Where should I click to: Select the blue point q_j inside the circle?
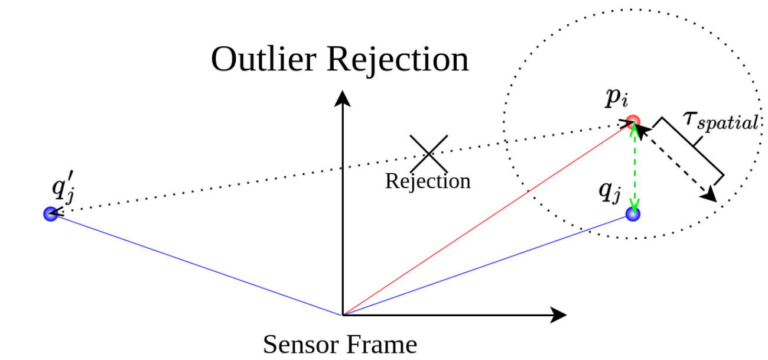[x=633, y=214]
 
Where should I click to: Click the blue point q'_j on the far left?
[x=50, y=213]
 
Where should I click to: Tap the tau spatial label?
[x=720, y=120]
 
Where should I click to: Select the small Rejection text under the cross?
[x=428, y=181]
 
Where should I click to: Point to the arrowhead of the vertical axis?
[x=341, y=98]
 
